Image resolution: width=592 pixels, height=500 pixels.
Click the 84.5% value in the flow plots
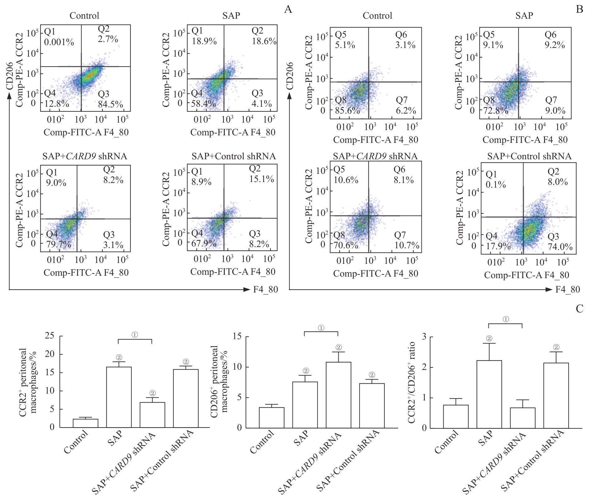tap(110, 104)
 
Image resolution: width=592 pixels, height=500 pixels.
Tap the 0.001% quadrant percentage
tap(59, 42)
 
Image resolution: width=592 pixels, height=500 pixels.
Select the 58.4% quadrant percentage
tap(204, 103)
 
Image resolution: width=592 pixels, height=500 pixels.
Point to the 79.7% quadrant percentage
tap(59, 245)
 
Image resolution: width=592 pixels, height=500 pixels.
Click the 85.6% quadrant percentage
tap(347, 110)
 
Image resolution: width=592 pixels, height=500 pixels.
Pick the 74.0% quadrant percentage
tap(560, 247)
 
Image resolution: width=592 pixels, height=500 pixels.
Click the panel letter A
tap(288, 10)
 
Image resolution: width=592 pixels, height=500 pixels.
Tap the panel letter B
tap(579, 10)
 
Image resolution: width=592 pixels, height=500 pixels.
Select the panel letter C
tap(579, 309)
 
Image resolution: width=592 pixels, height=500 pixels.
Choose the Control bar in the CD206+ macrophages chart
tap(271, 418)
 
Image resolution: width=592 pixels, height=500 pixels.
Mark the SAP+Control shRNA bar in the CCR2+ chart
tap(186, 398)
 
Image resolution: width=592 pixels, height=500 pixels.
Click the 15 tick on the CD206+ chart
tap(237, 337)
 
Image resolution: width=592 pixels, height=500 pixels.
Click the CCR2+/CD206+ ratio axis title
tap(412, 382)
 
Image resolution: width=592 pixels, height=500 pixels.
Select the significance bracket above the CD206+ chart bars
tap(321, 332)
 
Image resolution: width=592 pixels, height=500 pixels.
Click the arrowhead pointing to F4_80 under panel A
tap(247, 290)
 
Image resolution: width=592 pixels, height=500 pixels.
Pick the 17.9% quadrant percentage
tap(498, 246)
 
